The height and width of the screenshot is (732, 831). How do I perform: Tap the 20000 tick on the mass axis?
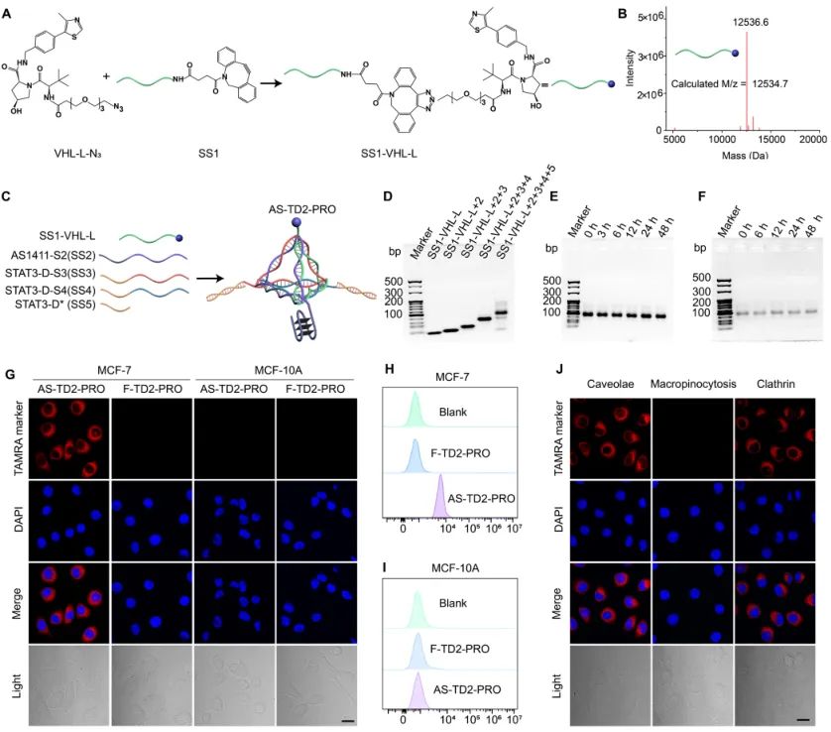click(x=812, y=142)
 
